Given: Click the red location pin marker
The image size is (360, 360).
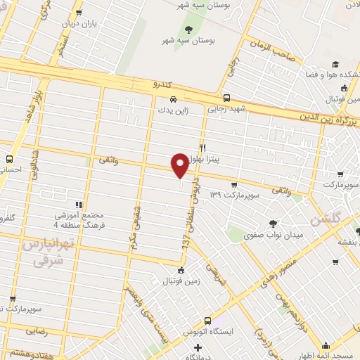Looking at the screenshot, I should click(x=180, y=167).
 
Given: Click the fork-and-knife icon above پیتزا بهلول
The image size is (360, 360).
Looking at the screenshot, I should click(x=203, y=148).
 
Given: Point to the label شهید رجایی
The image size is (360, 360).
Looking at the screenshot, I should click(x=226, y=109).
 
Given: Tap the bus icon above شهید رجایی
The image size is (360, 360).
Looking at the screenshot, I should click(x=226, y=98).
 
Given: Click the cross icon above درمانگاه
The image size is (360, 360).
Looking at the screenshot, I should click(x=199, y=347).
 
